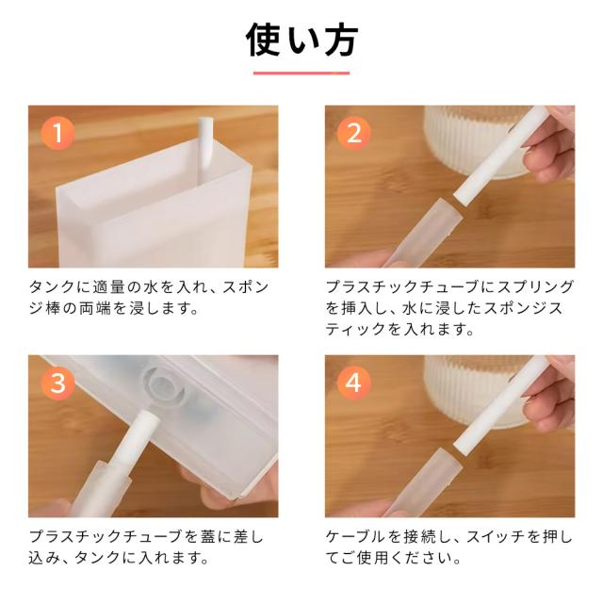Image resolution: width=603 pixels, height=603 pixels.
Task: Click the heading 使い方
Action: pyautogui.click(x=301, y=41)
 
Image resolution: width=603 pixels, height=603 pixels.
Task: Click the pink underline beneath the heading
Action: pyautogui.click(x=301, y=73)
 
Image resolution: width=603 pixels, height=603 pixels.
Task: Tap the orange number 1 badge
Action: pyautogui.click(x=57, y=133)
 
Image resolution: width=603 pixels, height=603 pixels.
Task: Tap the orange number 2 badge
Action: pyautogui.click(x=354, y=133)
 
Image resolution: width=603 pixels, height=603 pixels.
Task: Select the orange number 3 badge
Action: pyautogui.click(x=57, y=383)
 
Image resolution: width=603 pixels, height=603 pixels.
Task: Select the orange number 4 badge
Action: pyautogui.click(x=354, y=383)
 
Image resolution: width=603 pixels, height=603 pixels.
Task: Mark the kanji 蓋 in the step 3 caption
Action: pyautogui.click(x=208, y=536)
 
